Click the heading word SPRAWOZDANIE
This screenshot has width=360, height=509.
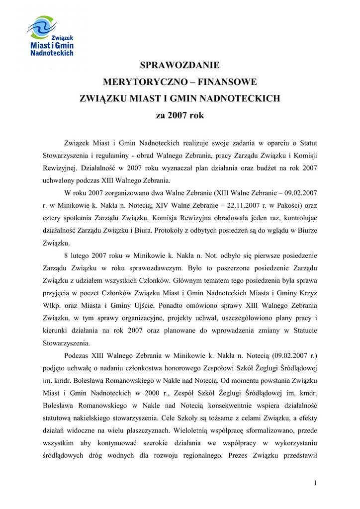click(x=180, y=65)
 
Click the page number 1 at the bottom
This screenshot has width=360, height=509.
click(x=315, y=483)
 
